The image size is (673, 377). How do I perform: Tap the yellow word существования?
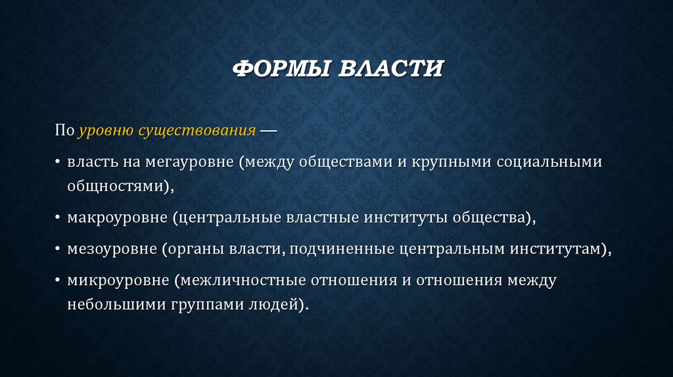pyautogui.click(x=197, y=130)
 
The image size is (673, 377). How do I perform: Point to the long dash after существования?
pyautogui.click(x=268, y=130)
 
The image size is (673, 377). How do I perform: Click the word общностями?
pyautogui.click(x=117, y=186)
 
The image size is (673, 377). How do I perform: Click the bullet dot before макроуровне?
pyautogui.click(x=58, y=217)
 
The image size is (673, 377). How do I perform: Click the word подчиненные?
pyautogui.click(x=342, y=249)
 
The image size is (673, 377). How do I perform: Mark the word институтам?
pyautogui.click(x=562, y=249)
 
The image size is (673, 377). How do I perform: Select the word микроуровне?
pyautogui.click(x=117, y=280)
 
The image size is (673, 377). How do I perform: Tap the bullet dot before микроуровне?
pyautogui.click(x=58, y=280)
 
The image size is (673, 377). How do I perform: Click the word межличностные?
pyautogui.click(x=242, y=280)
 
